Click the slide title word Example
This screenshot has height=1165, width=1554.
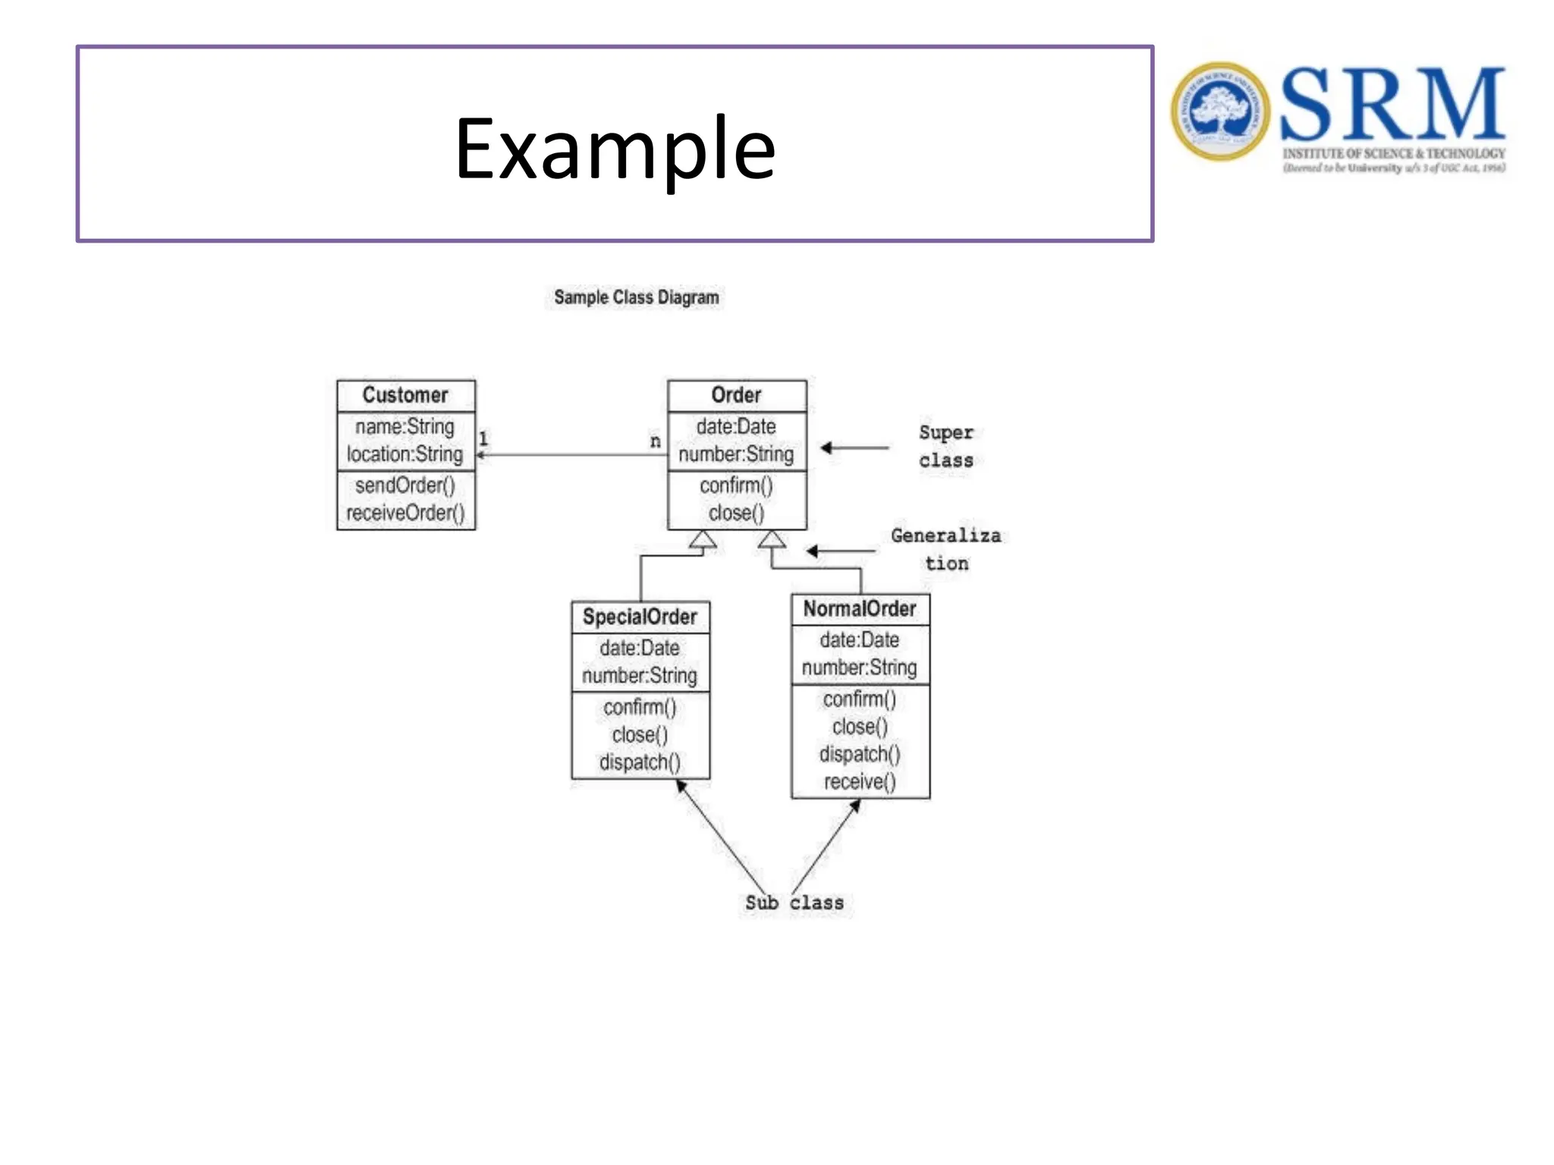pos(615,149)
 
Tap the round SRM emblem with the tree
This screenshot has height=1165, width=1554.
pos(1219,111)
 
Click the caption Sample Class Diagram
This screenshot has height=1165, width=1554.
pos(636,297)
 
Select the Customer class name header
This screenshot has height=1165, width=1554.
pos(405,395)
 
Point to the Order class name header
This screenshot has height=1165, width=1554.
pos(736,395)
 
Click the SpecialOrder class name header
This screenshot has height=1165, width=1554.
pos(640,617)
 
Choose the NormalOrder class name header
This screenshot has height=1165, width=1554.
pos(860,609)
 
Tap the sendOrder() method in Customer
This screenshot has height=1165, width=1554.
pos(405,485)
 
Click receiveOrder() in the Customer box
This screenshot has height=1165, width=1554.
pos(405,513)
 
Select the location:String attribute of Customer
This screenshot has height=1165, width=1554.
pos(404,454)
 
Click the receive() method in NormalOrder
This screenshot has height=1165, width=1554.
pos(860,782)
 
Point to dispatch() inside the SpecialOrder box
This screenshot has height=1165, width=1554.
pos(640,762)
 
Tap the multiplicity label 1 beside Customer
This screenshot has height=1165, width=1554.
pos(483,438)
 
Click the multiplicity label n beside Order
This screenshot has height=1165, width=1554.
pos(656,441)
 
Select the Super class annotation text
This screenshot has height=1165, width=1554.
pos(945,446)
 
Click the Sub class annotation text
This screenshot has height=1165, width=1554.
pos(794,903)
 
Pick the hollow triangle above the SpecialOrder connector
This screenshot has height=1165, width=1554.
pos(703,539)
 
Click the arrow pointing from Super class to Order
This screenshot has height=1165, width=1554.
pos(854,447)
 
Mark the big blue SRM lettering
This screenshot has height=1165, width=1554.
pos(1392,104)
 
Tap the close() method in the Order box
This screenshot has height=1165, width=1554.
pos(736,513)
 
